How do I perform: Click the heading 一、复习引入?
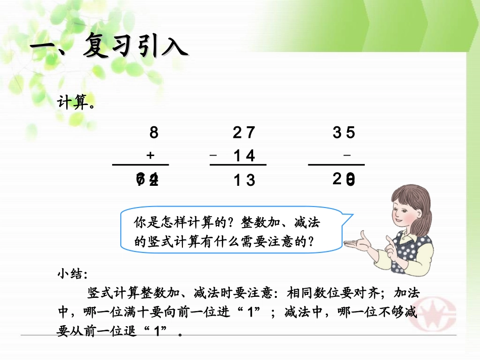point(109,47)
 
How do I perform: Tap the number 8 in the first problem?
point(154,133)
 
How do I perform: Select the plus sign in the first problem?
point(150,156)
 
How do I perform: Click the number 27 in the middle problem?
point(244,133)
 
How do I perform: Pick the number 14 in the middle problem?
point(245,156)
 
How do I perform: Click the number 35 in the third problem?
point(344,133)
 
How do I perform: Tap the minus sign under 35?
point(347,156)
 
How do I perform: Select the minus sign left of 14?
point(214,156)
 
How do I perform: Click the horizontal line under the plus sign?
point(140,165)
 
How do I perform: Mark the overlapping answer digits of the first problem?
point(148,179)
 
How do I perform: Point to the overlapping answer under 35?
point(344,179)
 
